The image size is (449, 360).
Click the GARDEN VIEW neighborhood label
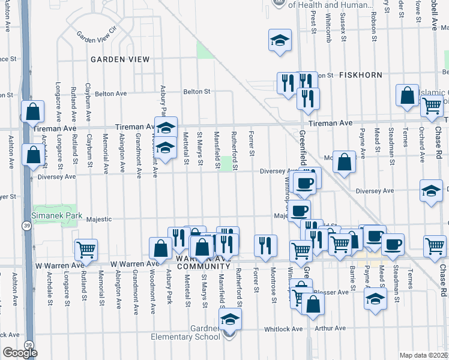click(x=120, y=59)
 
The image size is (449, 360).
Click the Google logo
click(x=20, y=353)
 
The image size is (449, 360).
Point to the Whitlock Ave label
click(x=289, y=329)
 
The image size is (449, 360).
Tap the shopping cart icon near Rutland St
click(x=86, y=249)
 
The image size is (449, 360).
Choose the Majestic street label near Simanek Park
click(x=99, y=220)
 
